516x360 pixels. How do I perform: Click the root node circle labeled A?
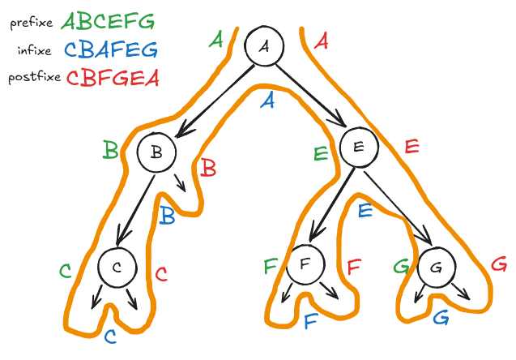pyautogui.click(x=264, y=48)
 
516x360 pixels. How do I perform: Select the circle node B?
pyautogui.click(x=157, y=152)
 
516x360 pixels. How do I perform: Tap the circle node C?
pyautogui.click(x=117, y=268)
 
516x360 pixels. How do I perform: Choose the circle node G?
pyautogui.click(x=437, y=265)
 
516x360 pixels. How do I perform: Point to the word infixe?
pyautogui.click(x=33, y=51)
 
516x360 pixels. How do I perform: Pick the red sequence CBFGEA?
pyautogui.click(x=113, y=78)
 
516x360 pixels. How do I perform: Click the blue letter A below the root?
pyautogui.click(x=269, y=101)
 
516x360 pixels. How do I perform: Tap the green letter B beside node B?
pyautogui.click(x=110, y=149)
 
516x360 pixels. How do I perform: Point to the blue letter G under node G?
pyautogui.click(x=441, y=317)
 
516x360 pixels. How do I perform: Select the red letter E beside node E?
pyautogui.click(x=412, y=148)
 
